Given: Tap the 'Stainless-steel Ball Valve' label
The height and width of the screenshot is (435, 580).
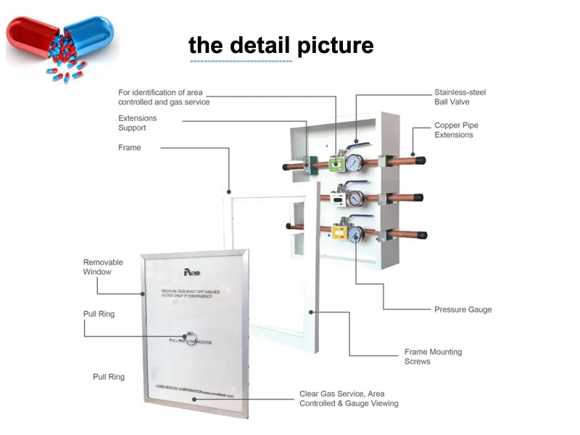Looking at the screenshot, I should click(460, 97).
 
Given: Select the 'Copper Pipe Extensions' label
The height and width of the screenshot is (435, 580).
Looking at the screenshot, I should click(456, 130).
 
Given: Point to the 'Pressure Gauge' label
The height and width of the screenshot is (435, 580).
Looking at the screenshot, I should click(463, 310).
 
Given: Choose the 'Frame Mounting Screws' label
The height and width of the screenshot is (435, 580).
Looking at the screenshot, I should click(433, 357).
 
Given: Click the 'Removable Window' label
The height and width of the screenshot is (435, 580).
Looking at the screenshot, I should click(103, 267).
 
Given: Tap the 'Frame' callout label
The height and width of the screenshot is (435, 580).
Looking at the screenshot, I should click(130, 148).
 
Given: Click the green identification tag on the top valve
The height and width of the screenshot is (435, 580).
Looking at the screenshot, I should click(335, 164).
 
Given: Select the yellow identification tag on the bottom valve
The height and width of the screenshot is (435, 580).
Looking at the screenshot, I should click(338, 232).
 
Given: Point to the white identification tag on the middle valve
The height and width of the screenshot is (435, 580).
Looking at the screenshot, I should click(339, 197).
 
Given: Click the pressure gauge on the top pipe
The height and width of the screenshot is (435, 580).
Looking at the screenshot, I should click(355, 160).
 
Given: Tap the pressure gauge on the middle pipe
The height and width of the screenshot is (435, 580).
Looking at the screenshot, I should click(356, 196).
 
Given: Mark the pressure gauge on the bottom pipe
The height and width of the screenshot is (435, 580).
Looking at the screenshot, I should click(356, 233).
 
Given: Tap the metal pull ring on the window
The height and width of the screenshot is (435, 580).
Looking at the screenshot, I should click(190, 340).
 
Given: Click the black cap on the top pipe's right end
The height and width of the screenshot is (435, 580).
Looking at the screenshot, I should click(421, 160).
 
